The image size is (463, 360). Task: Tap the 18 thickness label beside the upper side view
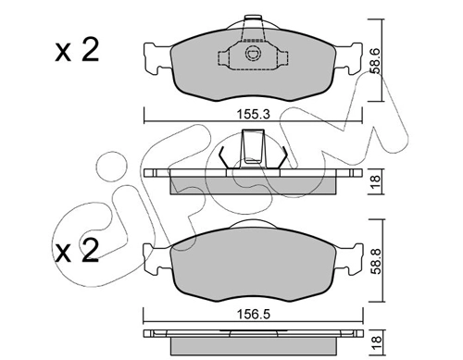point(374,180)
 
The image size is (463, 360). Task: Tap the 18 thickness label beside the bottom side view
point(374,343)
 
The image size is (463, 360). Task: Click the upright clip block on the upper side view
point(251,148)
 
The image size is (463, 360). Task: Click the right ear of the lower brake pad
point(353,256)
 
